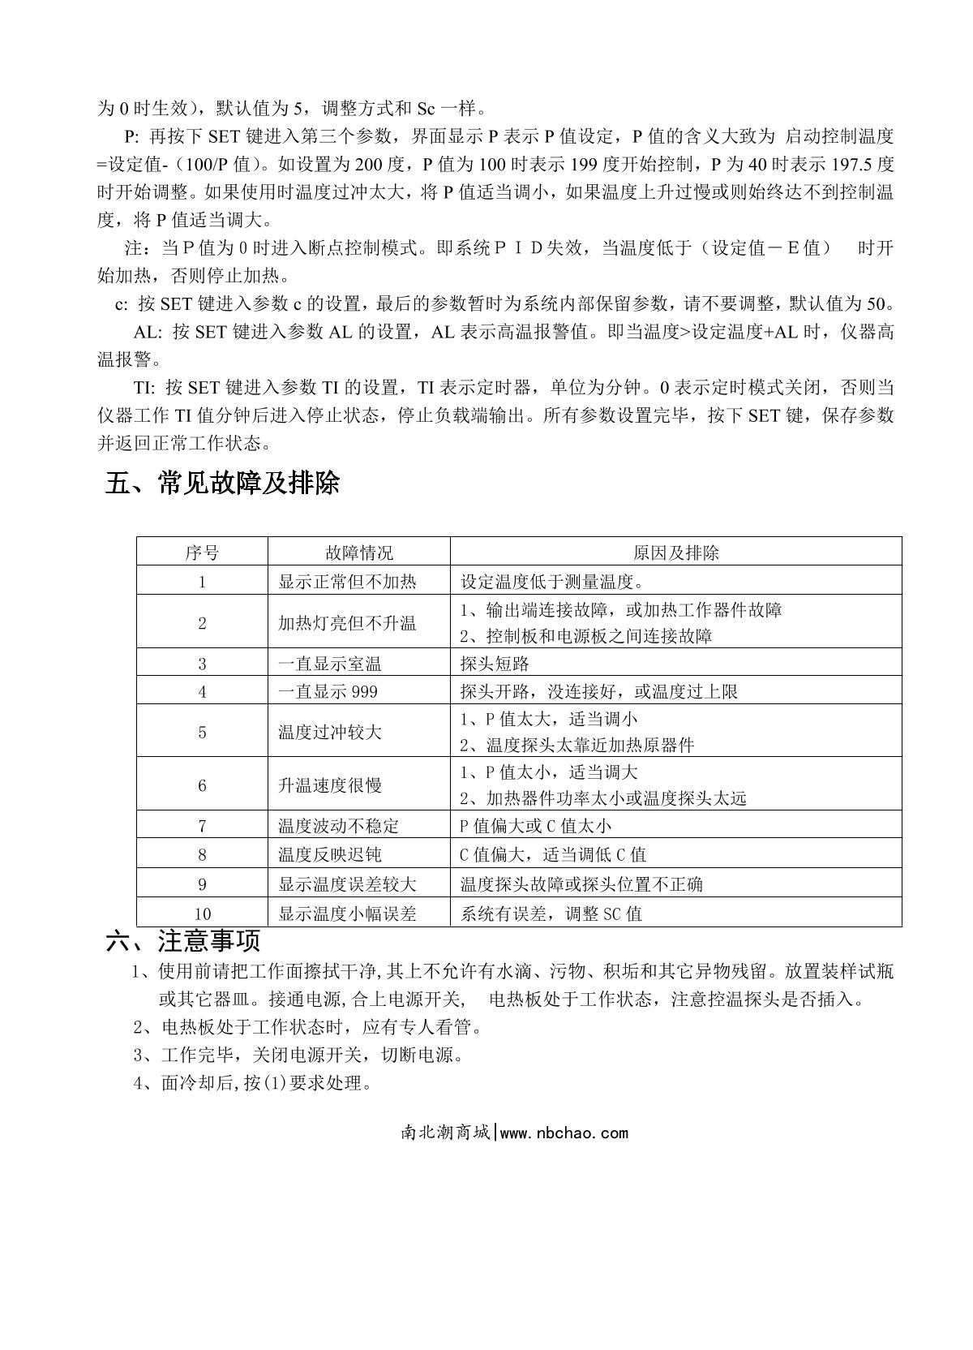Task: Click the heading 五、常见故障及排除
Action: click(222, 484)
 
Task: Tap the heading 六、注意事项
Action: click(183, 941)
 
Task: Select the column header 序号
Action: click(202, 553)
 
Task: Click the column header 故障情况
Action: click(359, 553)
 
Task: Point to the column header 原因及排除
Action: click(675, 553)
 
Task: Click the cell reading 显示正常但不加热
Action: click(347, 582)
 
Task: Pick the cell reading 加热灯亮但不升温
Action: click(347, 623)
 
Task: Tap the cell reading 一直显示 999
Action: click(328, 691)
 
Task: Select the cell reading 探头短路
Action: click(495, 664)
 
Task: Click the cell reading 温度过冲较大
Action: click(329, 732)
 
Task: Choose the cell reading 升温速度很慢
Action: click(329, 785)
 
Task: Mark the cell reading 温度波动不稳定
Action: click(338, 826)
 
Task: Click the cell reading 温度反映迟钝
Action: click(329, 854)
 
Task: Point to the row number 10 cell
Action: click(202, 914)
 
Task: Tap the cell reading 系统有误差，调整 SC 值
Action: click(551, 914)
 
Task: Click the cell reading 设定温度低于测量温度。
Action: click(552, 582)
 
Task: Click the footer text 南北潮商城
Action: click(445, 1133)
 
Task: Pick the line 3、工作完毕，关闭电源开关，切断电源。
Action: click(298, 1055)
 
